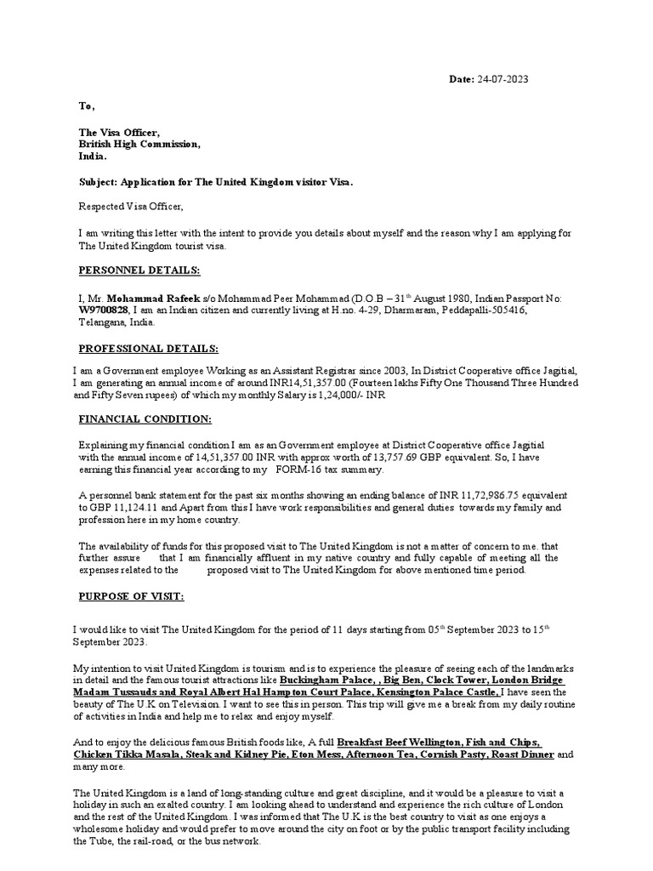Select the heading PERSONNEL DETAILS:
point(139,270)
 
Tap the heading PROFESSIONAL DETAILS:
point(148,349)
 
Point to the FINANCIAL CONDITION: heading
point(145,419)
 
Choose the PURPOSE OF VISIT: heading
point(131,597)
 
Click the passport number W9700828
point(104,310)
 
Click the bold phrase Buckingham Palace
point(327,681)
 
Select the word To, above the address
point(87,106)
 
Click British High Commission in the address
point(139,145)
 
